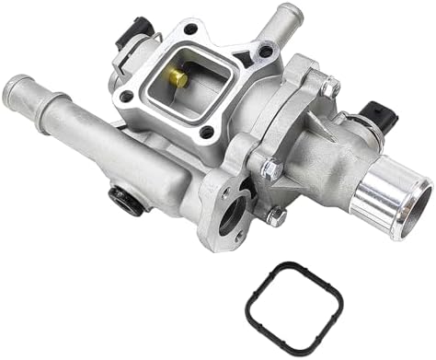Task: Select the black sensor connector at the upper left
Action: click(129, 30)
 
